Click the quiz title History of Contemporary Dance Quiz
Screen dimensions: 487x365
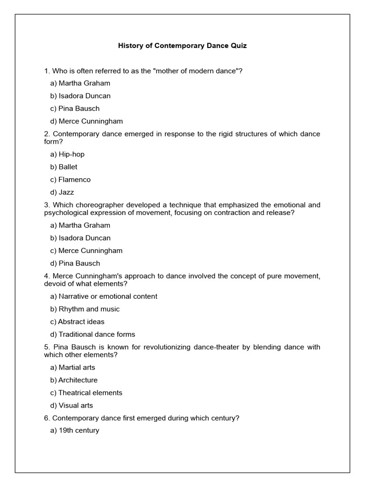pyautogui.click(x=182, y=46)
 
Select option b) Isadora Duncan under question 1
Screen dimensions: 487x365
pyautogui.click(x=80, y=96)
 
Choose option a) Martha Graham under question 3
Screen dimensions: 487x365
pyautogui.click(x=80, y=225)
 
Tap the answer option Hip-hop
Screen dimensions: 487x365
pyautogui.click(x=67, y=154)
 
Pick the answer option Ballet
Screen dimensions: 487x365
pyautogui.click(x=64, y=167)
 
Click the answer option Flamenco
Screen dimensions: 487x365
pyautogui.click(x=70, y=180)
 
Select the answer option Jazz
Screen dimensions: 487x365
pyautogui.click(x=62, y=193)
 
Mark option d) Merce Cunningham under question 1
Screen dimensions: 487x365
pyautogui.click(x=86, y=121)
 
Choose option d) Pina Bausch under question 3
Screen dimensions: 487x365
pyautogui.click(x=75, y=263)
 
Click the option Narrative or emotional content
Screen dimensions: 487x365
pyautogui.click(x=104, y=296)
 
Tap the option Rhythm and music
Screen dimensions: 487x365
pyautogui.click(x=85, y=309)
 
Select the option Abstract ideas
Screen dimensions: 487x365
pyautogui.click(x=77, y=322)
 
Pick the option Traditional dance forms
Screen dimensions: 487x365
pyautogui.click(x=93, y=334)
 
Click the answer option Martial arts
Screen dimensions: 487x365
pyautogui.click(x=72, y=368)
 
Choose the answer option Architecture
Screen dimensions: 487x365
pyautogui.click(x=74, y=380)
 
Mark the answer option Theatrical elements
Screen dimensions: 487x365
pyautogui.click(x=86, y=393)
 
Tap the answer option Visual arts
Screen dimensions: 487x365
pyautogui.click(x=71, y=406)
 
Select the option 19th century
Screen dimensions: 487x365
pyautogui.click(x=75, y=431)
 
